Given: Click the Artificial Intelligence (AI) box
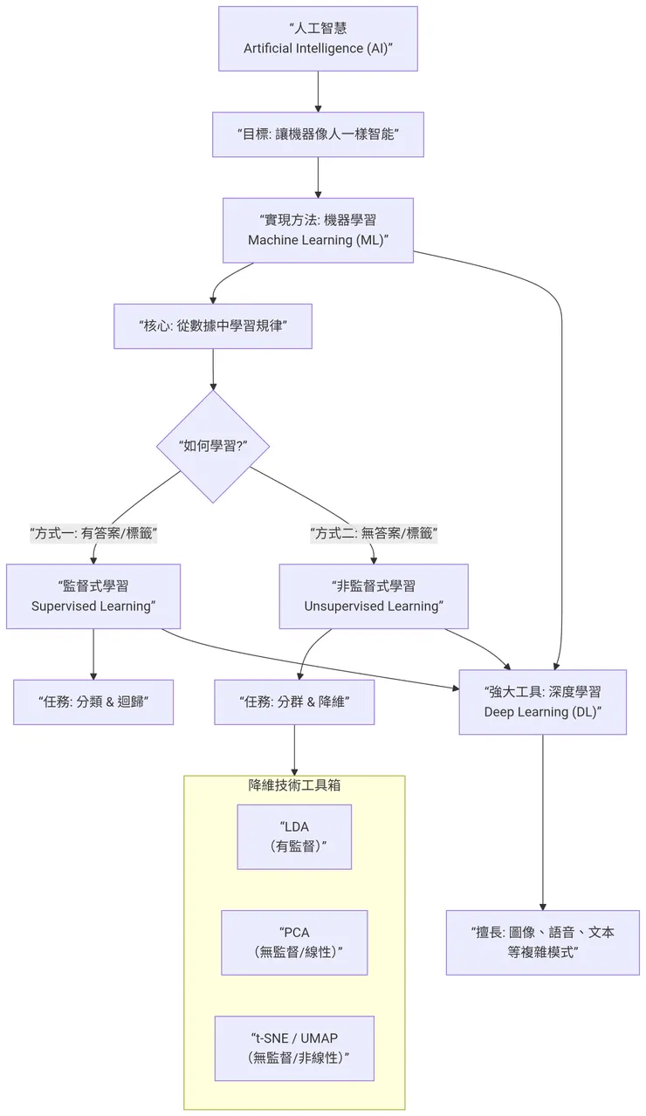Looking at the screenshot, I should click(x=318, y=38).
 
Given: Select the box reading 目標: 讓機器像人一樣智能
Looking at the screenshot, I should click(x=318, y=134).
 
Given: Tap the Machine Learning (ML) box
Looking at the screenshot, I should click(x=318, y=230).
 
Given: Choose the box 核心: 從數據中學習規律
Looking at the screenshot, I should click(x=213, y=325).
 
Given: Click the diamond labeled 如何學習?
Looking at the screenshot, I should click(x=213, y=446).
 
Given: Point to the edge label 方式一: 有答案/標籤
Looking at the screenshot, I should click(x=93, y=532).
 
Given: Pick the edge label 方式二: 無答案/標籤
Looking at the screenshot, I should click(x=374, y=532).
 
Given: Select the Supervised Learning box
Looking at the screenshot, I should click(x=93, y=596).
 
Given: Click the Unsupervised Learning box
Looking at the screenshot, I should click(x=374, y=596).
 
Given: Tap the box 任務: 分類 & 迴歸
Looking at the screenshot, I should click(x=93, y=702).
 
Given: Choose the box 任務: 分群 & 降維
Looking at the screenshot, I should click(x=294, y=702).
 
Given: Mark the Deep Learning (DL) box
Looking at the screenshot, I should click(x=543, y=702).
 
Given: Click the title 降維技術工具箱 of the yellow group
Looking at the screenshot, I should click(x=294, y=785).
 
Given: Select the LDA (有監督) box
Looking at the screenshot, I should click(x=294, y=837).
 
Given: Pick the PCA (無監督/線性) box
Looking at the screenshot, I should click(x=294, y=942).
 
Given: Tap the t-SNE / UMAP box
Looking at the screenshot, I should click(x=294, y=1048).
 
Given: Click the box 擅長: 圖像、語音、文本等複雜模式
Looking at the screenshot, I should click(x=543, y=942).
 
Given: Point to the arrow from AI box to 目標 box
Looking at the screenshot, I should click(x=318, y=92).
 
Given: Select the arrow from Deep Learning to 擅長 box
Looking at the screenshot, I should click(x=543, y=820).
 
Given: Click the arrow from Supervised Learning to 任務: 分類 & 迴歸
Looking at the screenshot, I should click(x=93, y=654).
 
